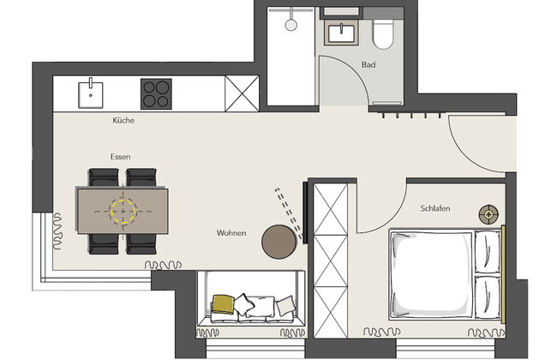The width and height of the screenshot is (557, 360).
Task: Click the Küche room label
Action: (x=123, y=121)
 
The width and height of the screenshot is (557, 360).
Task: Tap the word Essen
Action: (x=120, y=157)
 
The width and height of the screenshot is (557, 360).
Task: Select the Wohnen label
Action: (x=231, y=233)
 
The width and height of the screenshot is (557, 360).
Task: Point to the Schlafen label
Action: (x=435, y=209)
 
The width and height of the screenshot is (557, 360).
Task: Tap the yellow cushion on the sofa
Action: (x=223, y=303)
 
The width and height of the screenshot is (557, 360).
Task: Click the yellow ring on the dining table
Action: (x=123, y=209)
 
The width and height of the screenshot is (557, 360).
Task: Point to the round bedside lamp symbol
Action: (x=488, y=213)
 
